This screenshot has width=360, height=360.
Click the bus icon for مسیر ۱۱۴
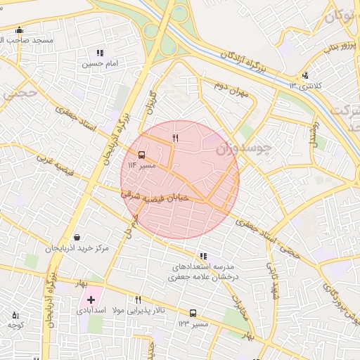142,155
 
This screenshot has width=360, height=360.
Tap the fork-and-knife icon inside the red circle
175,139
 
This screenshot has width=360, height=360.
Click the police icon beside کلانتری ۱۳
304,75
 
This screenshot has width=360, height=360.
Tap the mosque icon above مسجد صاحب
19,30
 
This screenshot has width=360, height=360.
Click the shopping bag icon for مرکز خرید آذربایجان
77,237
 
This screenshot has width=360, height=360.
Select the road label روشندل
314,132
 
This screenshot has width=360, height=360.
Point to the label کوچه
15,325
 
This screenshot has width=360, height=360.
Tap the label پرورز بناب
335,48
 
